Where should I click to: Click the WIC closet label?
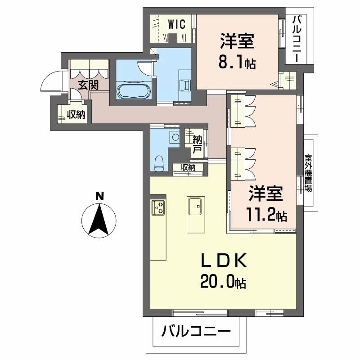pyautogui.click(x=177, y=25)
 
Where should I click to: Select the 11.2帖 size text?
pyautogui.click(x=266, y=215)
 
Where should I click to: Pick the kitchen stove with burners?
pyautogui.click(x=158, y=207)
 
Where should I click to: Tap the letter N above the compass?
pyautogui.click(x=99, y=196)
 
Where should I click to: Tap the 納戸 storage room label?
pyautogui.click(x=197, y=143)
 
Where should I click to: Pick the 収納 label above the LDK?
pyautogui.click(x=189, y=167)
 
